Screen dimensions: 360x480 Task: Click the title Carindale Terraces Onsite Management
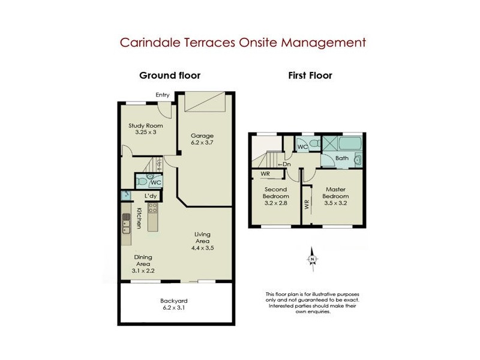243,43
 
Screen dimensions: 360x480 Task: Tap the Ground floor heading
170,76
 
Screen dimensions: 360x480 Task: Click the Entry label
163,95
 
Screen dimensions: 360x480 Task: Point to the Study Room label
146,125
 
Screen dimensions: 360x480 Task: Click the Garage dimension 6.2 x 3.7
202,143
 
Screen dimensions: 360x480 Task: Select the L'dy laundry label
151,196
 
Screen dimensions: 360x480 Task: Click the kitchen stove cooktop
152,209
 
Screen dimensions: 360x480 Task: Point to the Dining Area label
143,260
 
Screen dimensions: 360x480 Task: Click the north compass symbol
312,259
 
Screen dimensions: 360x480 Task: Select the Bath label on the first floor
342,158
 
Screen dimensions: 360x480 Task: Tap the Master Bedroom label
335,193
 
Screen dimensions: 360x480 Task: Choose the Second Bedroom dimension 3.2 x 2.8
277,203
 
